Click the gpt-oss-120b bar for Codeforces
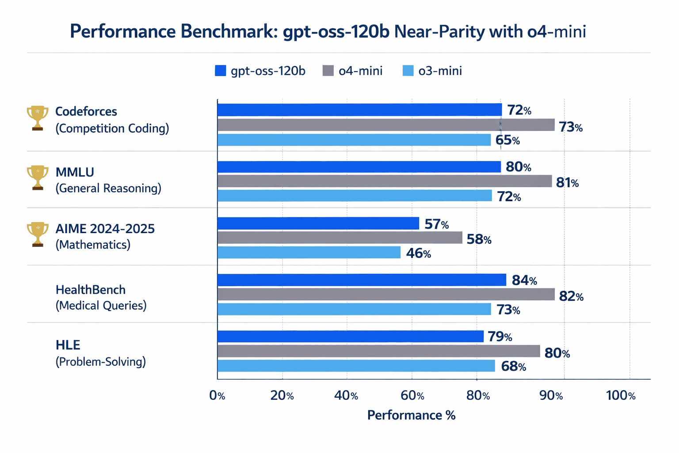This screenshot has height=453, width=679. coord(359,110)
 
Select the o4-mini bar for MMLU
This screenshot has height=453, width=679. coord(384,181)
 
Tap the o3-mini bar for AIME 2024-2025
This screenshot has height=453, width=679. coord(309,253)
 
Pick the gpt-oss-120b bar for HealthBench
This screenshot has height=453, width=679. coord(361,280)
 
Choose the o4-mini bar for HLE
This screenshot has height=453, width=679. coord(378,351)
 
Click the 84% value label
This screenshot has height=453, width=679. coord(524,280)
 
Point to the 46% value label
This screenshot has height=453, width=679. coord(418,253)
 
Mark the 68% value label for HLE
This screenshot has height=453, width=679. coord(513,367)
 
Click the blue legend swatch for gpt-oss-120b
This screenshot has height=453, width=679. coord(220,71)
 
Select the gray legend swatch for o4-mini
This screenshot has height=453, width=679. coord(328,71)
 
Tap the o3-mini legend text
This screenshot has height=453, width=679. coord(440,71)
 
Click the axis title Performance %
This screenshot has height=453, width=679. coord(411,415)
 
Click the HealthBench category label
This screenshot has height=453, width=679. coord(91,290)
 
